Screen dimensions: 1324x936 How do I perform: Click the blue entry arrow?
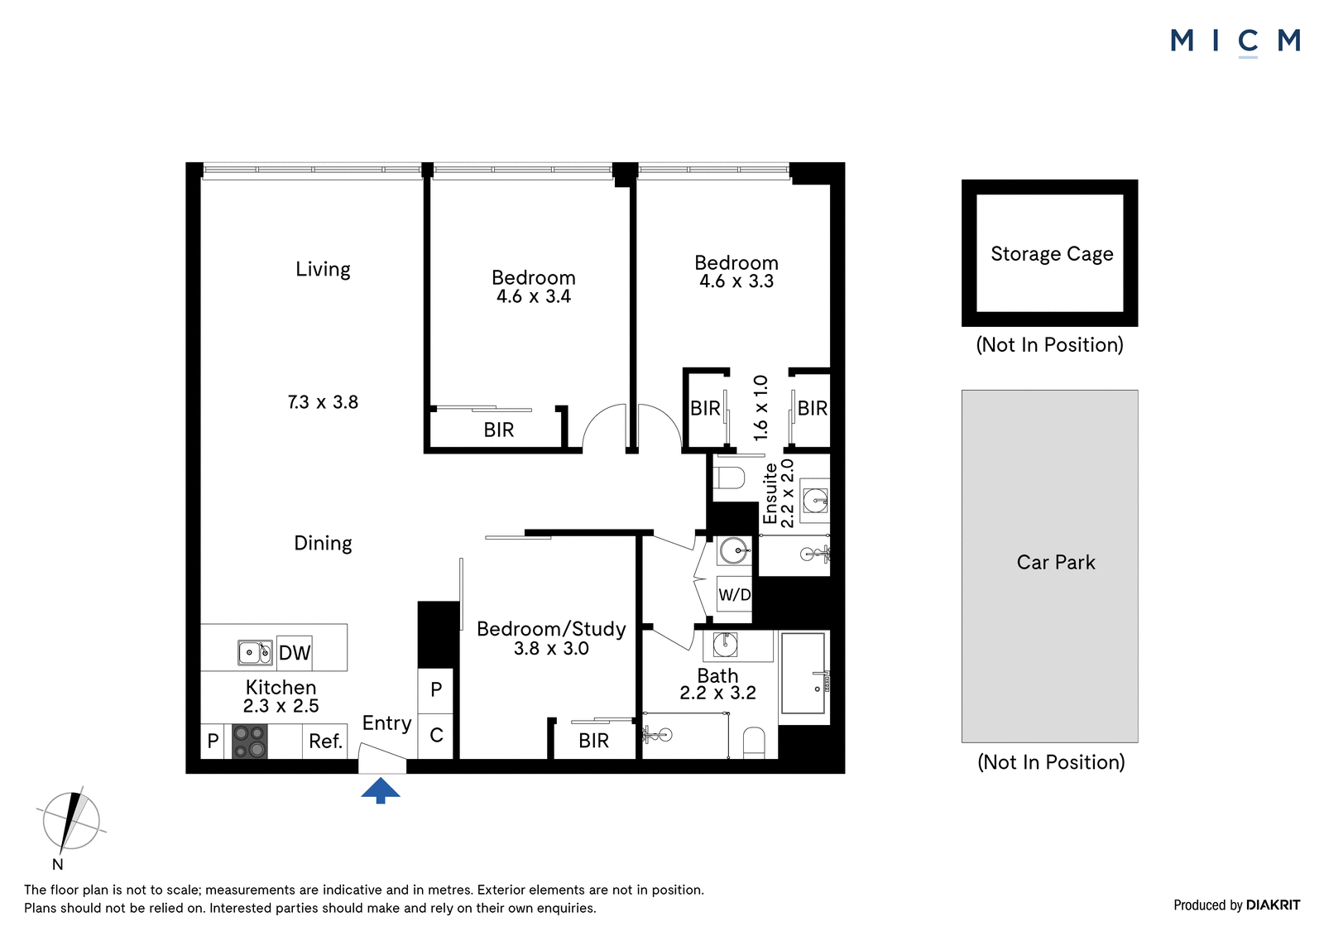[381, 790]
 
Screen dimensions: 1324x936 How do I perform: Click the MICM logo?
[1236, 42]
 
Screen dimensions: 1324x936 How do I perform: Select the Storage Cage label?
[1052, 254]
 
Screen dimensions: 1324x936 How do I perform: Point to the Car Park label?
[1056, 562]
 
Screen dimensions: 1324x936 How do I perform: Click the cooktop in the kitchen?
[249, 742]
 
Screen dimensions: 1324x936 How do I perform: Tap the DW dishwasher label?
[295, 653]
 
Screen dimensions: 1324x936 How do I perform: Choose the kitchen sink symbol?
[255, 652]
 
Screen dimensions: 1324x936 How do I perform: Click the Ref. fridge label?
[326, 741]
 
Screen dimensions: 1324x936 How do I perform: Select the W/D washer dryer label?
[734, 595]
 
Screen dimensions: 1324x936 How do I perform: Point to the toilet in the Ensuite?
[728, 478]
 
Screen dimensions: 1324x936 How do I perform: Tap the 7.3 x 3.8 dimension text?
[323, 402]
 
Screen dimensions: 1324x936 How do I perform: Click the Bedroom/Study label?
[551, 628]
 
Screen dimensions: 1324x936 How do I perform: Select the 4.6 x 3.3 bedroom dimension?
[736, 281]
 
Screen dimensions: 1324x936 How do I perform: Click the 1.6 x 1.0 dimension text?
[760, 407]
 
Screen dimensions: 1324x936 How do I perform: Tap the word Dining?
[323, 544]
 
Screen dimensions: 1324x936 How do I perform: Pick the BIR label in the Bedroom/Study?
[593, 741]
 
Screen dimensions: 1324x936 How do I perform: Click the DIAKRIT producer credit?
[1274, 905]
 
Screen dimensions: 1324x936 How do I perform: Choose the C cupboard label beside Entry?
[436, 735]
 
